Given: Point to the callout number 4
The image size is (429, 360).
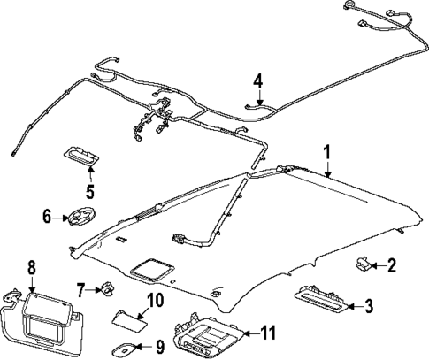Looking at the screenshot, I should [x=257, y=81].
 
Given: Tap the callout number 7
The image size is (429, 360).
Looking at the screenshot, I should [x=80, y=288].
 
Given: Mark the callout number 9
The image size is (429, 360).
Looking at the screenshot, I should [x=159, y=346].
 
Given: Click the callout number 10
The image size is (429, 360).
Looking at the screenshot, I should [x=155, y=302].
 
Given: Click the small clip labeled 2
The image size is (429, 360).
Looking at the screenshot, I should [x=364, y=263].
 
